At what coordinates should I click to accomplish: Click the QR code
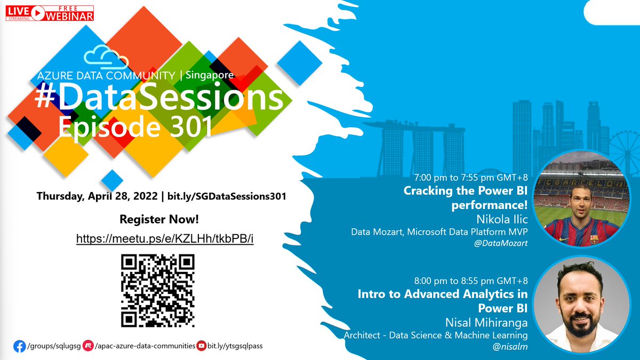(158, 291)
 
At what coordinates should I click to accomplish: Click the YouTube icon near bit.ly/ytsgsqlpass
(202, 346)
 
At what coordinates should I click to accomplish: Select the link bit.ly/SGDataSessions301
(227, 196)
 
